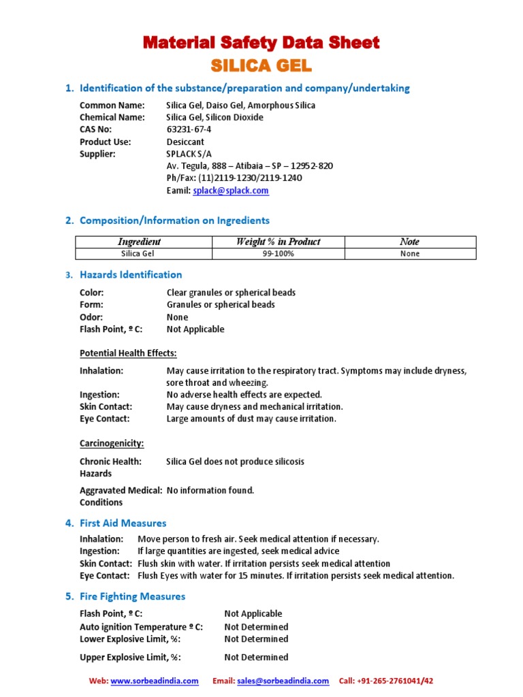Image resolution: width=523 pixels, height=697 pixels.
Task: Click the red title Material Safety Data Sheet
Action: tap(261, 43)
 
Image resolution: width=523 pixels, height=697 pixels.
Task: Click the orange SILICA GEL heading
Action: tap(261, 65)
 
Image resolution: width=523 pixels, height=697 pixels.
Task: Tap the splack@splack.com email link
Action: tap(230, 191)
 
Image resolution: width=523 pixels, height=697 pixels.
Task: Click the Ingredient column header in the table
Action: tap(140, 242)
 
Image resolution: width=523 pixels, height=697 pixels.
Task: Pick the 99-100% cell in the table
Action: tap(278, 253)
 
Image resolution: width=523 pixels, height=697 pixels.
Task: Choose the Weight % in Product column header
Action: tap(278, 242)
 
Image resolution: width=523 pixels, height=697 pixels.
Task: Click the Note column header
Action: tap(409, 242)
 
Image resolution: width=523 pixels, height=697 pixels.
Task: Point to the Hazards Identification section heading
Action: tap(131, 274)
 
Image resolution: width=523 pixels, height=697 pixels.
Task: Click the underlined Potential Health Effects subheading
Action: tap(128, 353)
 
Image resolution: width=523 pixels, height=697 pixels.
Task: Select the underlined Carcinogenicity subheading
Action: tap(112, 443)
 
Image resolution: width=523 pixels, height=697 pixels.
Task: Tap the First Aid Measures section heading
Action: tap(123, 523)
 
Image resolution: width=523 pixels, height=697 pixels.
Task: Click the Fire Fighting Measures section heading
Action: tap(132, 596)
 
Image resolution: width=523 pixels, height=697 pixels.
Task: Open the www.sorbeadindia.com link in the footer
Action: tap(155, 681)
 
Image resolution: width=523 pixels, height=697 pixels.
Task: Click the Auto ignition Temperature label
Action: tap(141, 626)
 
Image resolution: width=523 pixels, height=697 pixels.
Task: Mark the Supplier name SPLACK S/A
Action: tap(189, 154)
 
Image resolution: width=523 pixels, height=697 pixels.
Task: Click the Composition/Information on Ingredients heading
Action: tap(174, 220)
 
